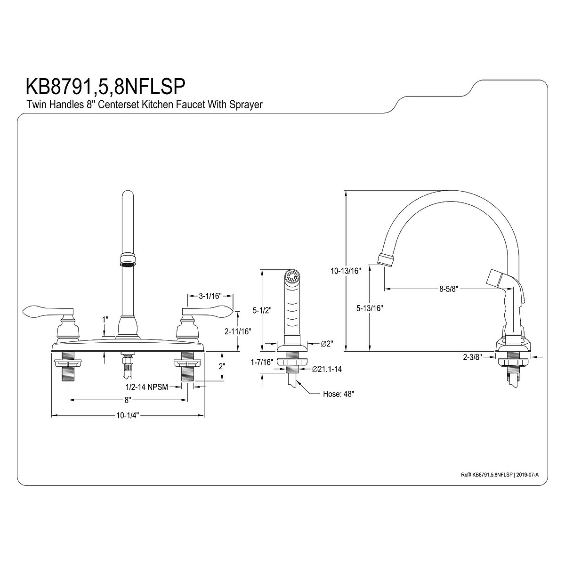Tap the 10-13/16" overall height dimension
click(x=345, y=271)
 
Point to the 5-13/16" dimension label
click(x=370, y=308)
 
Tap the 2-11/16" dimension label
click(x=237, y=331)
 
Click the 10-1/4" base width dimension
click(x=128, y=415)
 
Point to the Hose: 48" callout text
click(x=338, y=394)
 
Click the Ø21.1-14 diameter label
click(x=327, y=369)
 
